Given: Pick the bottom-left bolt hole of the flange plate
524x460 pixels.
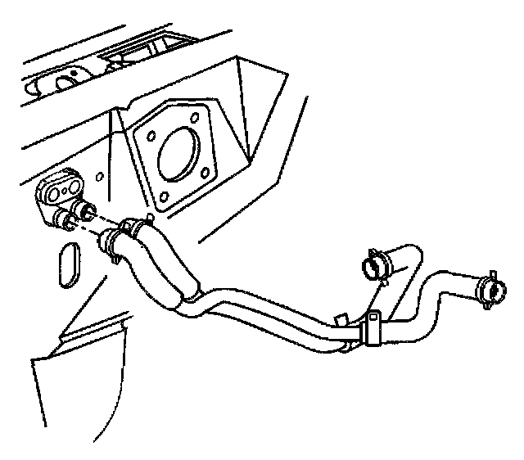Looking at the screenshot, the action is (164, 196).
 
